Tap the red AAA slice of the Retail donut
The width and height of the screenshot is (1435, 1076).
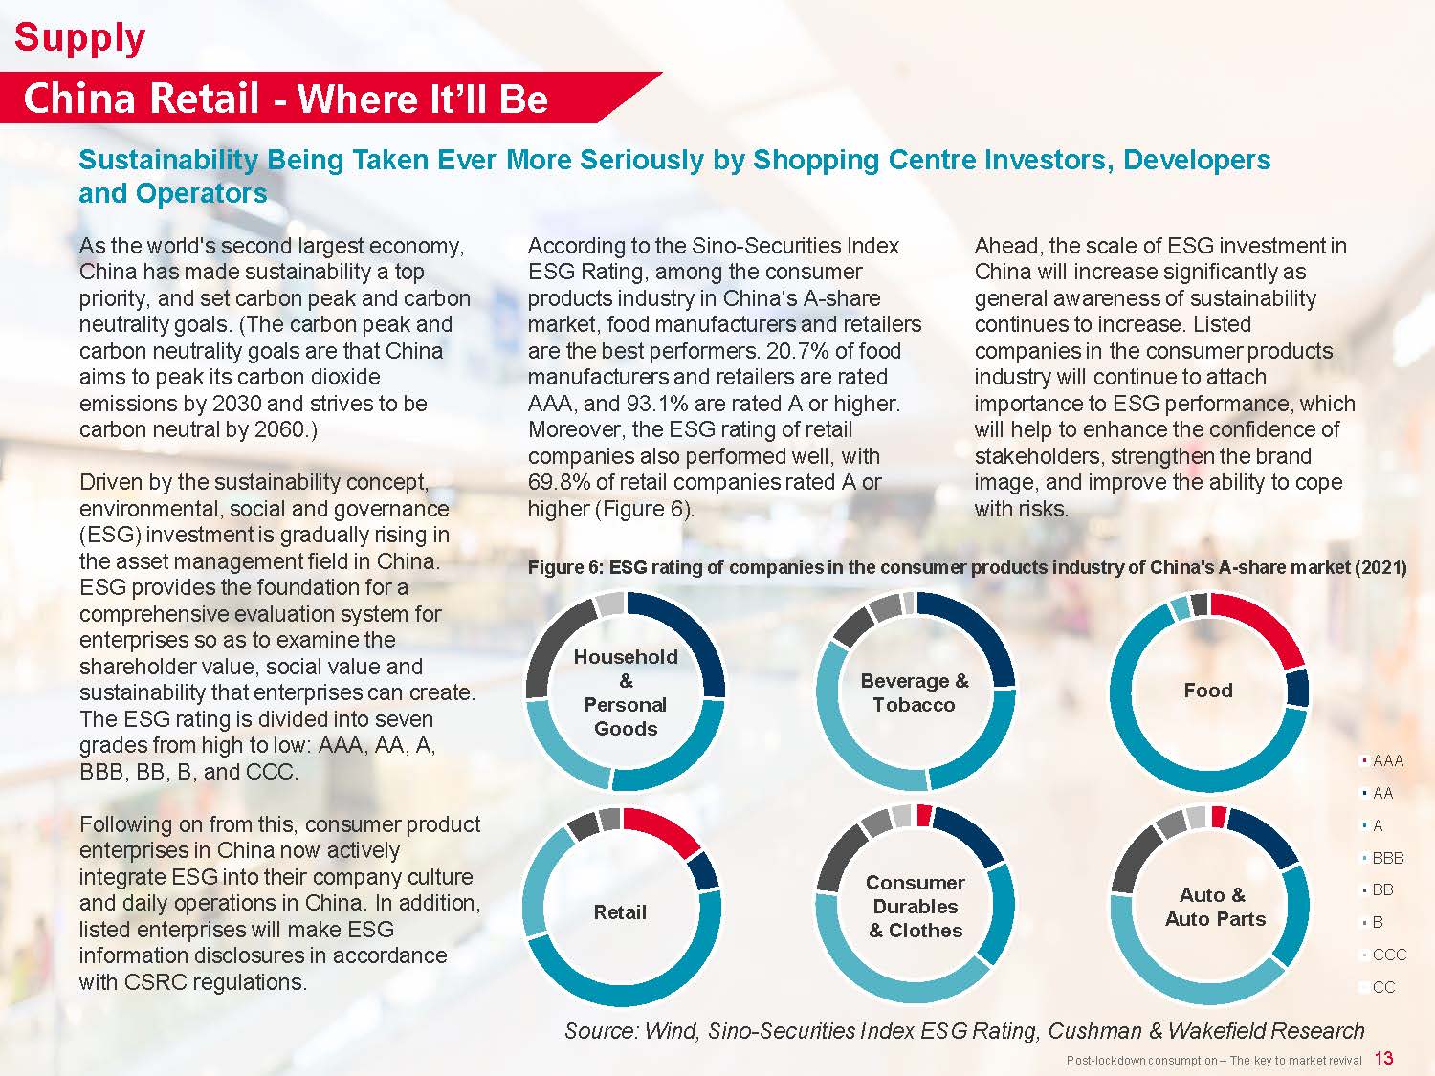(x=666, y=829)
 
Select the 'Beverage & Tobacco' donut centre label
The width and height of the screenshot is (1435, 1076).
(x=915, y=692)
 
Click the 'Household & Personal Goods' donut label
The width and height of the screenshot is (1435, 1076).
(x=626, y=692)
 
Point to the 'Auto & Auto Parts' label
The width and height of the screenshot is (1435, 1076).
(x=1215, y=907)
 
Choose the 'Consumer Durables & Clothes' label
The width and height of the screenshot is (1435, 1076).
(x=916, y=906)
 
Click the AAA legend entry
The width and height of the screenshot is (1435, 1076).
(x=1386, y=761)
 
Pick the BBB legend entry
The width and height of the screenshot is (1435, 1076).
(x=1386, y=858)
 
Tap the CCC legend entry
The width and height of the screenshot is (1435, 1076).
(x=1388, y=955)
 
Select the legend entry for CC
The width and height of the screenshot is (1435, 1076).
(x=1382, y=987)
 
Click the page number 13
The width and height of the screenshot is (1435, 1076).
(x=1383, y=1058)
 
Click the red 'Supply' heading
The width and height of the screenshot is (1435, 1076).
(x=80, y=38)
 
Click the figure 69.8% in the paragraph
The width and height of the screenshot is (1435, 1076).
(x=562, y=482)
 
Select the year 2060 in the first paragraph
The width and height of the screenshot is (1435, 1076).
(x=279, y=429)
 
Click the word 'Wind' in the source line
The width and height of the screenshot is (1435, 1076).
(x=669, y=1030)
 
